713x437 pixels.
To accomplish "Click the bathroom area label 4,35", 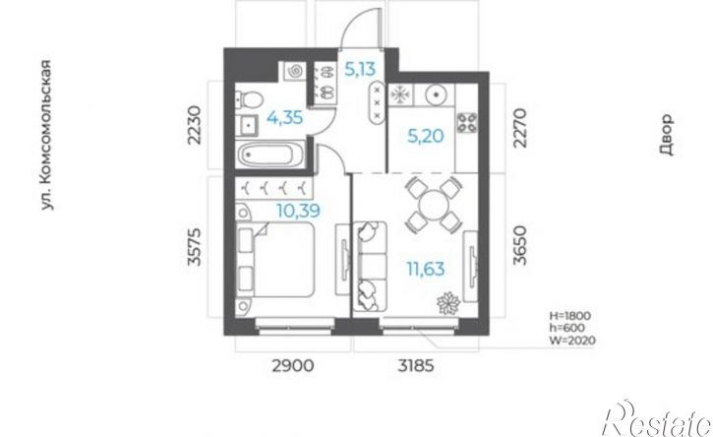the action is pos(284,118).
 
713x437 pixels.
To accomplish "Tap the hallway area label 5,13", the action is pos(360,69).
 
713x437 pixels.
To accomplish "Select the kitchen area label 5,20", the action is pos(426,136).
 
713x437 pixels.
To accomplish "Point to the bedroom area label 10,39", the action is pos(298,211).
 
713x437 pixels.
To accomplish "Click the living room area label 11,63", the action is pos(426,269).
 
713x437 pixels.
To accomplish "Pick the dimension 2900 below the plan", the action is pos(293,365).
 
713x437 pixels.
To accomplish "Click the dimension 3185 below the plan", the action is pos(416,365).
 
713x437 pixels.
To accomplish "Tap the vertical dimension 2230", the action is pos(194,125).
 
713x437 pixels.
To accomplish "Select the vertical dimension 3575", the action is pos(194,246).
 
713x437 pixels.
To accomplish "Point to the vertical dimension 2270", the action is pos(519,128).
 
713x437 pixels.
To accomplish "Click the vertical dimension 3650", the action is pos(519,245).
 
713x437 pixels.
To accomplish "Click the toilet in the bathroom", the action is pos(249,99).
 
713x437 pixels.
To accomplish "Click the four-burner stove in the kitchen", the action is pos(467,122).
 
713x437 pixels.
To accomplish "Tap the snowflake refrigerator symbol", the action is pos(399,94).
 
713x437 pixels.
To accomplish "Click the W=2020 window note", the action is pos(572,340).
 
